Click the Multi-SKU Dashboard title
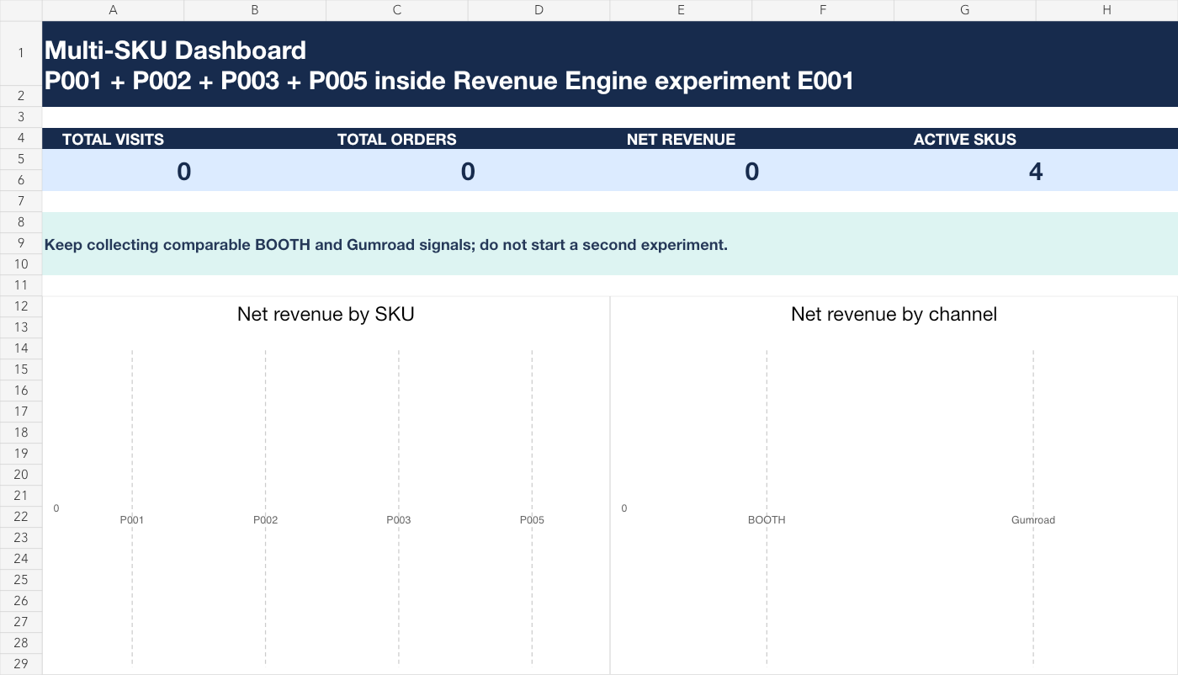(x=175, y=50)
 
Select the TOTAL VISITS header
(x=113, y=140)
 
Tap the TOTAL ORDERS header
(x=396, y=140)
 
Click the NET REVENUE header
(x=681, y=140)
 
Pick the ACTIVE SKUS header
(x=964, y=140)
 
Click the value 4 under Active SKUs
(x=1036, y=172)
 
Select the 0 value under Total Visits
(x=183, y=172)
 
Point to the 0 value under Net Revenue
(x=751, y=172)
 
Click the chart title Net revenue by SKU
(x=326, y=314)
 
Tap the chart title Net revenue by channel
(x=894, y=314)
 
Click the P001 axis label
(x=131, y=520)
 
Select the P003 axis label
(x=399, y=520)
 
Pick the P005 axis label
(x=532, y=520)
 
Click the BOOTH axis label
(x=767, y=520)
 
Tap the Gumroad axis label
(x=1033, y=520)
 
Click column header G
(x=964, y=10)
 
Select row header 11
(x=21, y=285)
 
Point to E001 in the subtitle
(x=825, y=81)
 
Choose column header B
(x=254, y=10)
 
